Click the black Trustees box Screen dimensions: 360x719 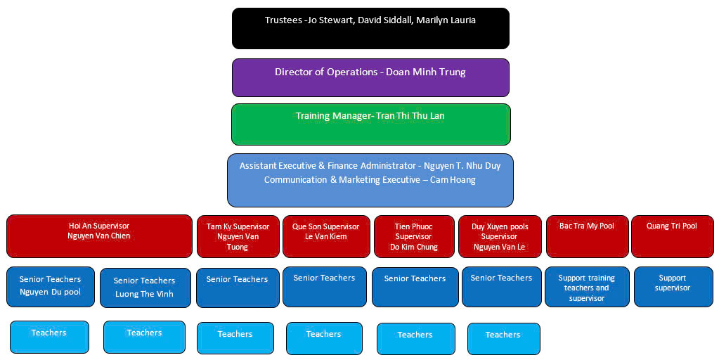[x=370, y=29]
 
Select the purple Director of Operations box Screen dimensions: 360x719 [x=370, y=77]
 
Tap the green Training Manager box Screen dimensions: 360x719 [x=370, y=124]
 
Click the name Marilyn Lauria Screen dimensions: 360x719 [x=446, y=20]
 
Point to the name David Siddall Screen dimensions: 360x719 [x=384, y=20]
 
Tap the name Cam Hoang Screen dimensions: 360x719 [x=453, y=180]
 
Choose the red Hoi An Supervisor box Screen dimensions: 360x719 [x=99, y=236]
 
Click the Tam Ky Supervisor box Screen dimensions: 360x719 [x=238, y=236]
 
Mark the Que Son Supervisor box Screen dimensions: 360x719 [x=325, y=236]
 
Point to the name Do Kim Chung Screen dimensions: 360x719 [x=414, y=247]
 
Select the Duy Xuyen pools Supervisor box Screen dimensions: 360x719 [x=500, y=236]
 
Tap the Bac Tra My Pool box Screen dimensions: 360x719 [x=586, y=236]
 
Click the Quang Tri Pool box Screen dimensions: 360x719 [x=672, y=236]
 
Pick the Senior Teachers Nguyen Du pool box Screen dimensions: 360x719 [x=50, y=287]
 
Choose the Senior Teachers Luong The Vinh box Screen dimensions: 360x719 [x=145, y=288]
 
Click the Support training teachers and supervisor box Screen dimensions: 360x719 [x=586, y=287]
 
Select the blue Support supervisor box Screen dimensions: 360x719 [x=673, y=287]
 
